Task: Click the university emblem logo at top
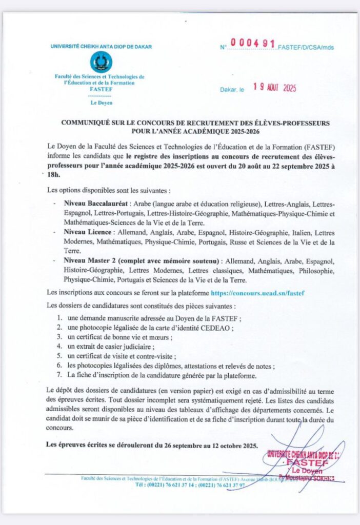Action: coord(101,63)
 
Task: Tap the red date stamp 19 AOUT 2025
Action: coord(276,88)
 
